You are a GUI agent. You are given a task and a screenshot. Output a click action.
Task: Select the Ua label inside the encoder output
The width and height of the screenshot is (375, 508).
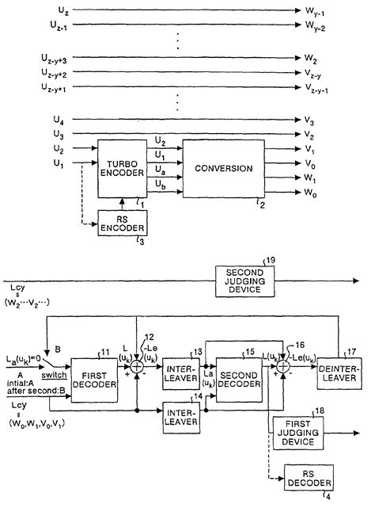coord(161,169)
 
